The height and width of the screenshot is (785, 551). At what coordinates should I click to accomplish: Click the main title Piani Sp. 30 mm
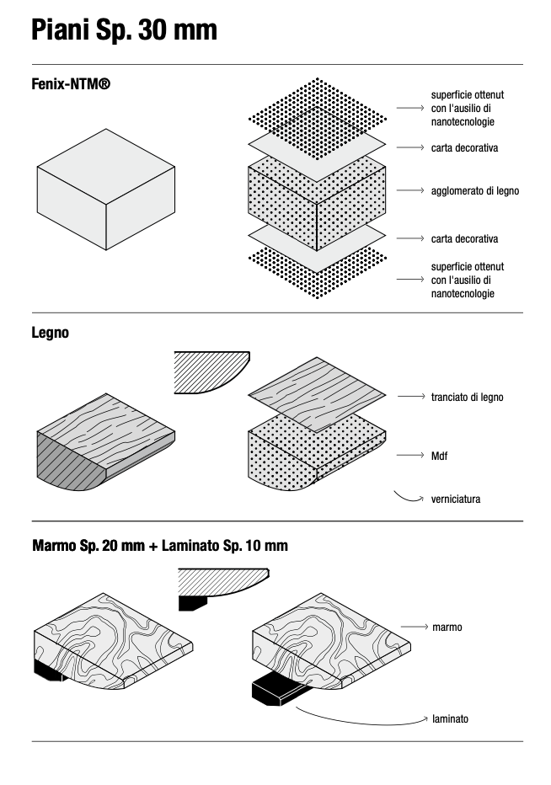(x=124, y=30)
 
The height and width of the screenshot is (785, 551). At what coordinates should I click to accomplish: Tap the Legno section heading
(x=51, y=333)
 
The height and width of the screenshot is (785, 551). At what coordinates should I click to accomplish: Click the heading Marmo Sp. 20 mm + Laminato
(x=160, y=546)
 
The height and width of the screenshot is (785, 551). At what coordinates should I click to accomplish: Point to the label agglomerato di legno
(x=474, y=191)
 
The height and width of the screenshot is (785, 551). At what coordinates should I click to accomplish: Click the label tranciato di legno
(x=467, y=397)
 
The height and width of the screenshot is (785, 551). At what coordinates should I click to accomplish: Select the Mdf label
(x=439, y=456)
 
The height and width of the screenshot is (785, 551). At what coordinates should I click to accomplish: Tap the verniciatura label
(x=455, y=499)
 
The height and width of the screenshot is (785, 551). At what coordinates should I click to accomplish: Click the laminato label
(x=450, y=719)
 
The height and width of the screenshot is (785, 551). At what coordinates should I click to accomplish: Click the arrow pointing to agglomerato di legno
(x=409, y=191)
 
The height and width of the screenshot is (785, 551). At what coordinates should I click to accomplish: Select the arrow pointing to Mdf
(x=409, y=456)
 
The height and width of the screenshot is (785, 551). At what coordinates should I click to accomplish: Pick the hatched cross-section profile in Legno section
(x=211, y=371)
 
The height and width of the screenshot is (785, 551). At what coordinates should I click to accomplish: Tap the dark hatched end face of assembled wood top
(x=67, y=463)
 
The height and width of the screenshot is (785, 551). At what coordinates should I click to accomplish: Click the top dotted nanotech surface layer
(x=318, y=108)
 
